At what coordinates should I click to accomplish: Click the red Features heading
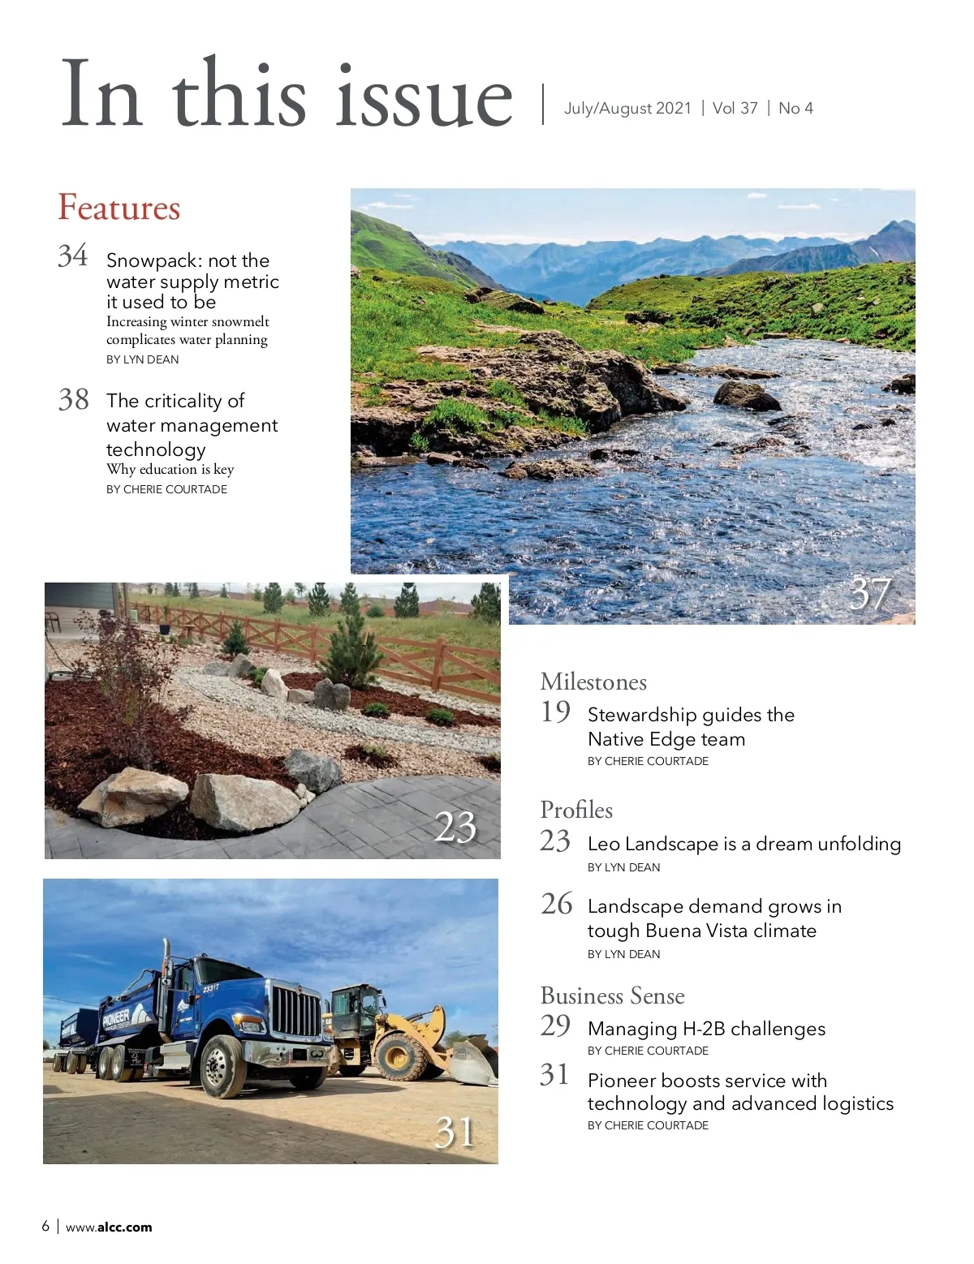click(x=119, y=208)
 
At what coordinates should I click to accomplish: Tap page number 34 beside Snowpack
click(x=73, y=256)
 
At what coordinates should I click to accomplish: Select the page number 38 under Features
click(x=74, y=399)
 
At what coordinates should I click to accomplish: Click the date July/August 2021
click(x=627, y=108)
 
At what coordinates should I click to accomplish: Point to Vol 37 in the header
click(x=735, y=108)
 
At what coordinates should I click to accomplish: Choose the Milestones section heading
click(x=593, y=681)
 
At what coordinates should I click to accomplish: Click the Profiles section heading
click(x=576, y=810)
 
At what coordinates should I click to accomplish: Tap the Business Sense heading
click(x=612, y=995)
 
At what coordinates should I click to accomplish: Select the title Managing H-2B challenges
click(x=706, y=1029)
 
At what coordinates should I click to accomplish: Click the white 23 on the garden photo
click(x=455, y=828)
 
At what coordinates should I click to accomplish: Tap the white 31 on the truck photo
click(x=455, y=1132)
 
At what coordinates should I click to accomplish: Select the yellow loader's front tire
click(x=400, y=1055)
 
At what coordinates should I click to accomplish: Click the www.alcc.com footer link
click(x=109, y=1227)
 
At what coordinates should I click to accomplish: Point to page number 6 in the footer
click(x=45, y=1226)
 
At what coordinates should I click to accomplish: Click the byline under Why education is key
click(x=166, y=489)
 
